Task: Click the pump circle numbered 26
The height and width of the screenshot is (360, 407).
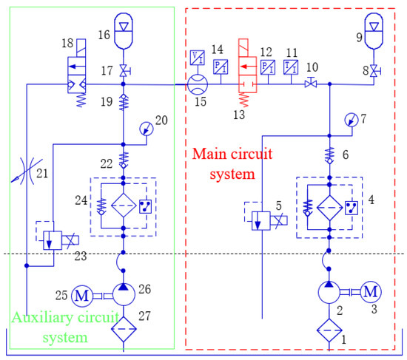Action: tap(123, 294)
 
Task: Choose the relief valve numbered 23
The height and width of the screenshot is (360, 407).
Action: tap(51, 239)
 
